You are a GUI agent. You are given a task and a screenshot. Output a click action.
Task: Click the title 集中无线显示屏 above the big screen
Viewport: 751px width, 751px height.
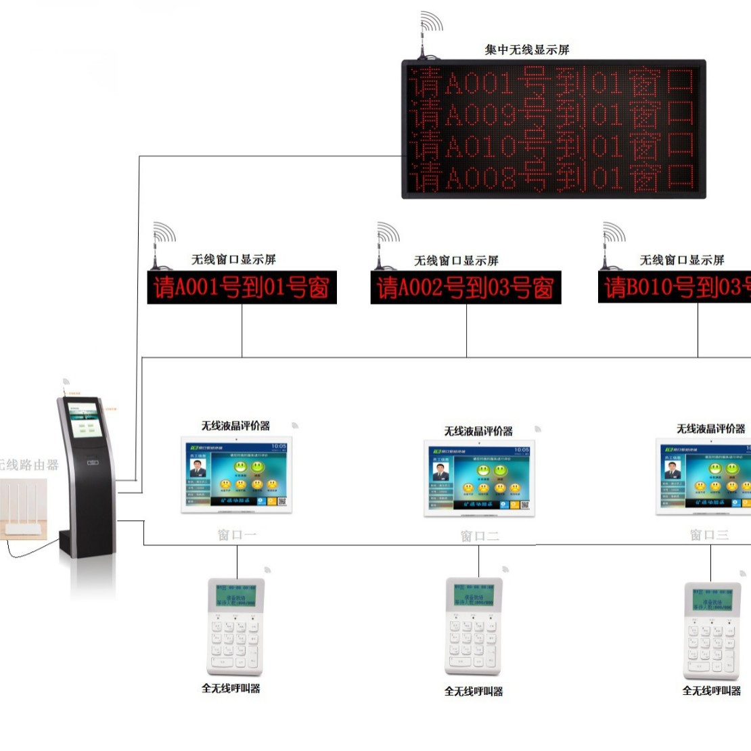point(527,49)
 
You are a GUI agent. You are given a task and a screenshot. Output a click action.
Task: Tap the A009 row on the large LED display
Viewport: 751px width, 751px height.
point(553,114)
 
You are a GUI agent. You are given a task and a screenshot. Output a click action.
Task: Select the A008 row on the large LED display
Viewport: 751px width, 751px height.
point(553,177)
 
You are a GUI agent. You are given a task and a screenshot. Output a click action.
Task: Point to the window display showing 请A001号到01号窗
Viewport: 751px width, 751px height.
point(242,288)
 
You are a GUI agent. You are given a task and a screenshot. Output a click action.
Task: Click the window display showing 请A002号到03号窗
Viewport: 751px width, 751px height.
point(465,288)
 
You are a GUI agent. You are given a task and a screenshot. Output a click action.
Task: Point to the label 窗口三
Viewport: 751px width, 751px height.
point(709,535)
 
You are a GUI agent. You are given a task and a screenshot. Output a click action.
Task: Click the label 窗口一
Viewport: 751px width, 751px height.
point(237,535)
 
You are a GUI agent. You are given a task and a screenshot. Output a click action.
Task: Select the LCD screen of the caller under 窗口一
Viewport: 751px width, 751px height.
point(235,595)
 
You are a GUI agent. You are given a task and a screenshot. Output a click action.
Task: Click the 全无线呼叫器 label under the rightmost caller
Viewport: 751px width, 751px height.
point(711,691)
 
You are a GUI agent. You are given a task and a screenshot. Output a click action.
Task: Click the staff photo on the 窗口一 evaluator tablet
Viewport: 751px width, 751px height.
point(198,468)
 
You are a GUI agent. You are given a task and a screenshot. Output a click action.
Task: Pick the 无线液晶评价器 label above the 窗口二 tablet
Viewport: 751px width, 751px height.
point(478,431)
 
